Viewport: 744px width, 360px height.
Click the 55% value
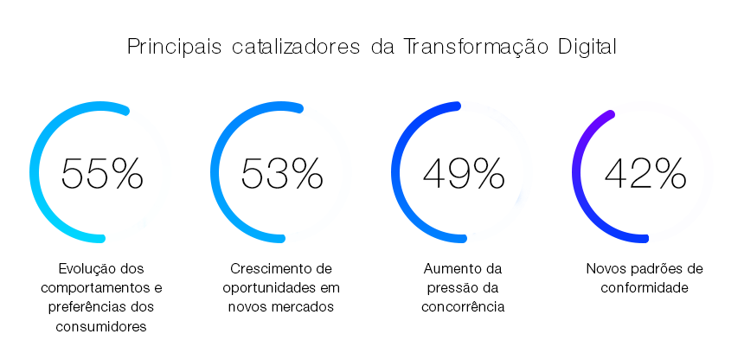point(102,174)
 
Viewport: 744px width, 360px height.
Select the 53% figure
point(282,174)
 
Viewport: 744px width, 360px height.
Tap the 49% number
point(464,174)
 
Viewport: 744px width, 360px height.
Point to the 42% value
point(645,174)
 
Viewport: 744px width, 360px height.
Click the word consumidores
point(102,326)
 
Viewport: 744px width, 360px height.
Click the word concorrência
point(463,306)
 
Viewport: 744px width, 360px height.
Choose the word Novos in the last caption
point(605,268)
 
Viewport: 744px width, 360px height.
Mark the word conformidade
point(645,287)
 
